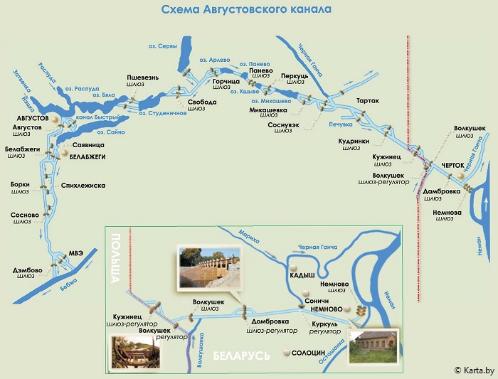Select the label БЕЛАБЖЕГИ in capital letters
(x=88, y=156)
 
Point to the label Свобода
(x=196, y=102)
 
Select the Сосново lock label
(x=20, y=214)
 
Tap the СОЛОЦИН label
(x=308, y=352)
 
